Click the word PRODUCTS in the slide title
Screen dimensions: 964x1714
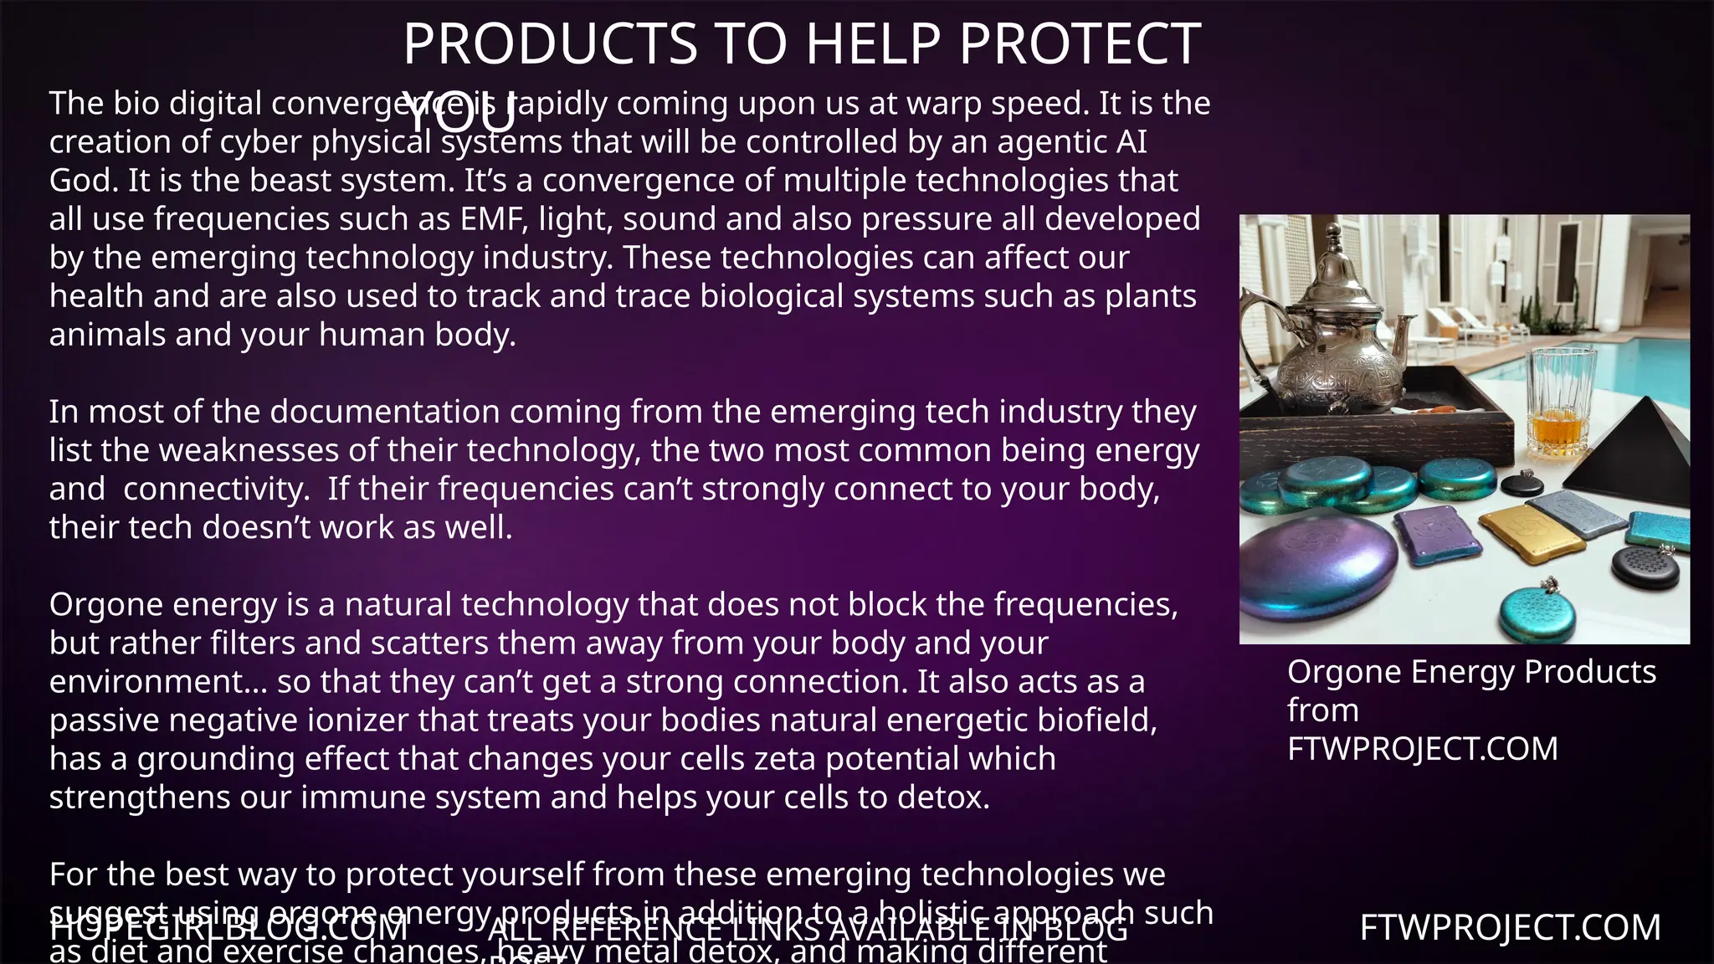[550, 44]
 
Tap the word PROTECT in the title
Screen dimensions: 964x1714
[1080, 44]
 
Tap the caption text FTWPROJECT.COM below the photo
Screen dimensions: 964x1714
[1422, 749]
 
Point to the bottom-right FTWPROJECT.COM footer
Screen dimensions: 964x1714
[1510, 928]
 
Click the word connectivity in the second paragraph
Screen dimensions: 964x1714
[216, 489]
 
